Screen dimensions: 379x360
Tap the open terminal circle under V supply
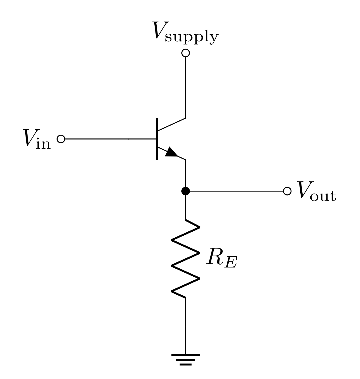(x=186, y=53)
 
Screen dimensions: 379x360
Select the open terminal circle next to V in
(x=61, y=139)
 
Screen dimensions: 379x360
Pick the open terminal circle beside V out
(x=287, y=191)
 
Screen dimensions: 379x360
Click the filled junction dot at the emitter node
(x=186, y=191)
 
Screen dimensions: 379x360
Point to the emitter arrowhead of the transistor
(x=172, y=152)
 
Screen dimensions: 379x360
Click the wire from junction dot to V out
(x=235, y=191)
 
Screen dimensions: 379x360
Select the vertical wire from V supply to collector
(x=186, y=86)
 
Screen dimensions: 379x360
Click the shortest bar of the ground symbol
(x=186, y=364)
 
